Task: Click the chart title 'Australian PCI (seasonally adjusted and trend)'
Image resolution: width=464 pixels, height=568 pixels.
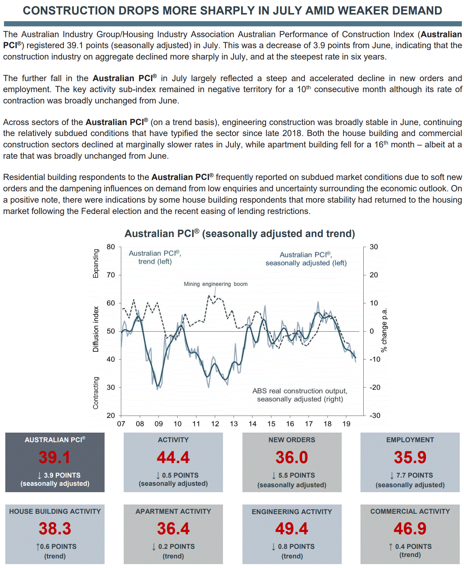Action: pyautogui.click(x=240, y=234)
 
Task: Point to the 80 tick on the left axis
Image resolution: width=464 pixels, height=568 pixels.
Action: pyautogui.click(x=111, y=247)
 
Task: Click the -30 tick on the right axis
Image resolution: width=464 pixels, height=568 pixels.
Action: pyautogui.click(x=375, y=415)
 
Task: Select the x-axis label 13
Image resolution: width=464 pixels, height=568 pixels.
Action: pyautogui.click(x=234, y=424)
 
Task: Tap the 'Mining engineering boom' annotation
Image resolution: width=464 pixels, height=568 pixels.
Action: pyautogui.click(x=216, y=284)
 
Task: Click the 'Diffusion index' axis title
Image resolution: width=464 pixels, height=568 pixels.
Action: pyautogui.click(x=96, y=329)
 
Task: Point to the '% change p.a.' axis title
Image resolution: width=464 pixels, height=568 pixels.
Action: pyautogui.click(x=384, y=330)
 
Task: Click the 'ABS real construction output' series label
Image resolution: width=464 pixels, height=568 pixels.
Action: pyautogui.click(x=300, y=395)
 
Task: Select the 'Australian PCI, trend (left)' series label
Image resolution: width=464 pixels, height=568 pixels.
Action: pyautogui.click(x=155, y=257)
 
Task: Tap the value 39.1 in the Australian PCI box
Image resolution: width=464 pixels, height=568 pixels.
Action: pyautogui.click(x=55, y=457)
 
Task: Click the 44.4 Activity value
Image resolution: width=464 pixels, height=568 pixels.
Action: pyautogui.click(x=173, y=457)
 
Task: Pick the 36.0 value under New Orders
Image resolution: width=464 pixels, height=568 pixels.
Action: pyautogui.click(x=292, y=457)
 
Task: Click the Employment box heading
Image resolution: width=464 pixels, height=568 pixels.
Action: pyautogui.click(x=410, y=440)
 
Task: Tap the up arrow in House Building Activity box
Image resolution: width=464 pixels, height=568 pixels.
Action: pyautogui.click(x=38, y=547)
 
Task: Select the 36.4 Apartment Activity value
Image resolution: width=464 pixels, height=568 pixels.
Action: pyautogui.click(x=173, y=529)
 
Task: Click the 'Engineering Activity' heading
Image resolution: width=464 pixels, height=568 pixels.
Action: pyautogui.click(x=292, y=512)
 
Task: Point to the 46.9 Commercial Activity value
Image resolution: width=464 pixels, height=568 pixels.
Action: pyautogui.click(x=410, y=529)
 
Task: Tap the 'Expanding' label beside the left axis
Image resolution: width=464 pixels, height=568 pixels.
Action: pyautogui.click(x=96, y=264)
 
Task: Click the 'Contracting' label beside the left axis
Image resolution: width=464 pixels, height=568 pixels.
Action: pyautogui.click(x=96, y=393)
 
